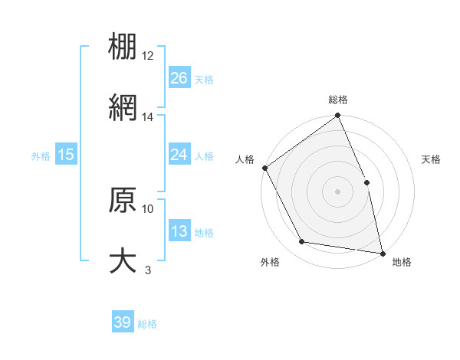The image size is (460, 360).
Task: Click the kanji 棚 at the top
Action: [123, 47]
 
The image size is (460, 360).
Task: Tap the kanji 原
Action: [123, 200]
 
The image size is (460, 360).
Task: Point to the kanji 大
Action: [123, 260]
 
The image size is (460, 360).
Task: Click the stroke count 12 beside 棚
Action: [148, 56]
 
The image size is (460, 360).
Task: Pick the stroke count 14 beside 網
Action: [148, 117]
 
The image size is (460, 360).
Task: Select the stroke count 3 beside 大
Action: [148, 270]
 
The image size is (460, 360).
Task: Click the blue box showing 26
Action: [179, 78]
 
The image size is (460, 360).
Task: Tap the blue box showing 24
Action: [179, 155]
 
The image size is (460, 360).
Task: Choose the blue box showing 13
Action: [179, 231]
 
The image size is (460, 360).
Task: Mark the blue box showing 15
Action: [66, 155]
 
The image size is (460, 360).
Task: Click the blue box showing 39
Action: [123, 322]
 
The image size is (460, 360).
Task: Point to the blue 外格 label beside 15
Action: [41, 155]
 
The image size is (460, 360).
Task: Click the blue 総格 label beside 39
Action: [147, 324]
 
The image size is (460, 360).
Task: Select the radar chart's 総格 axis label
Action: [337, 100]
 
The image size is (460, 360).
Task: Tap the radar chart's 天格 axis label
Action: [432, 159]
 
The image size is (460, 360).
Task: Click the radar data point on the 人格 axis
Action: [264, 168]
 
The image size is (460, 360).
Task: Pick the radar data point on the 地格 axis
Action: [382, 253]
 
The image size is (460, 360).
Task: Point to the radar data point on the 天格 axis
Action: [366, 182]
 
